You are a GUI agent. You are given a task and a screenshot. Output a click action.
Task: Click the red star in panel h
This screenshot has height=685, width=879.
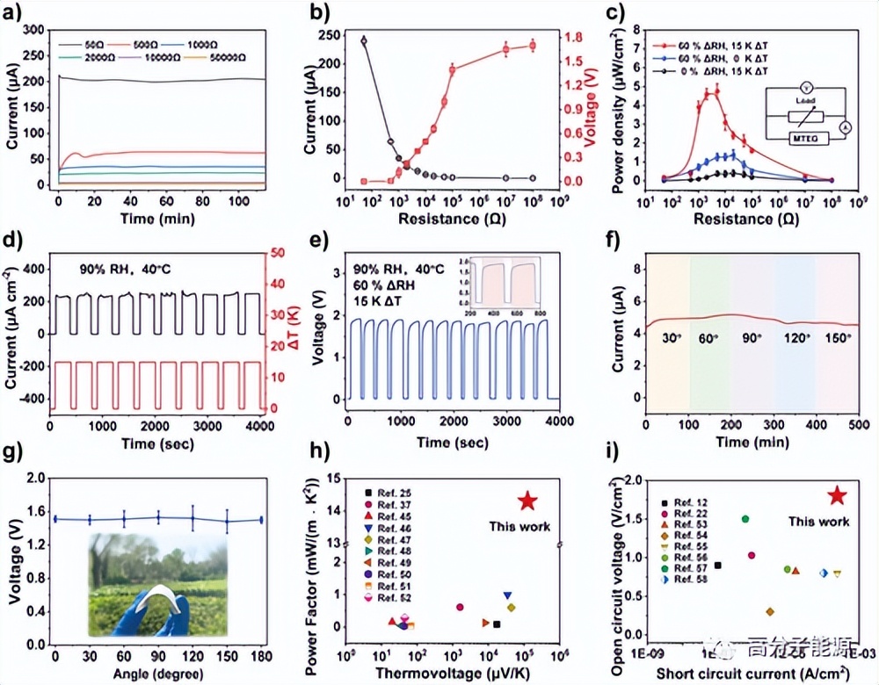[x=527, y=501]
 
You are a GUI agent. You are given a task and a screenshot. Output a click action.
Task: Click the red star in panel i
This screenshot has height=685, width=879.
[x=837, y=496]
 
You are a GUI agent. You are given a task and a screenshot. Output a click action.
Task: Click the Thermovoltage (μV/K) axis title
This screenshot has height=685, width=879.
[x=454, y=673]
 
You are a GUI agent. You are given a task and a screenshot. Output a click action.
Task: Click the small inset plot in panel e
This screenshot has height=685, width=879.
[x=509, y=284]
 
